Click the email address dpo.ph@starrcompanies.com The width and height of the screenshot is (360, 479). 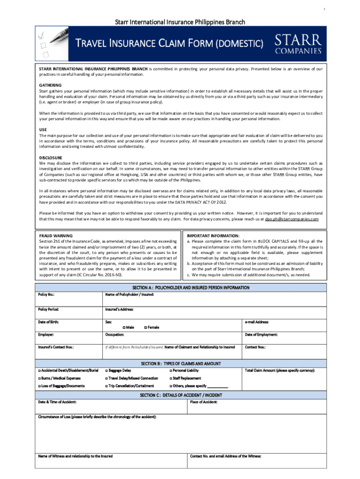(292, 219)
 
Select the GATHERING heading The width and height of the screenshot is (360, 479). (50, 85)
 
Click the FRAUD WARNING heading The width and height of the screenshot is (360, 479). (56, 236)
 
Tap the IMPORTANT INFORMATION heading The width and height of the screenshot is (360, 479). (213, 236)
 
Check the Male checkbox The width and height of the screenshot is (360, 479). (124, 327)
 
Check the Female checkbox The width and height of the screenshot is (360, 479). (145, 327)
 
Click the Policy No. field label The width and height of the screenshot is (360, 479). (46, 294)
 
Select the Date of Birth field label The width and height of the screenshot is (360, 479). (49, 322)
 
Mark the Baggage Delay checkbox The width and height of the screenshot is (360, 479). (107, 370)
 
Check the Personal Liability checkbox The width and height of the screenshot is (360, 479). (171, 370)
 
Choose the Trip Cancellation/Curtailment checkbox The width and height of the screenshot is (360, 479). (107, 386)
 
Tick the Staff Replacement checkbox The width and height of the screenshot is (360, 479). (171, 378)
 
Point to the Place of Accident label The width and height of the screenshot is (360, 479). (204, 402)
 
